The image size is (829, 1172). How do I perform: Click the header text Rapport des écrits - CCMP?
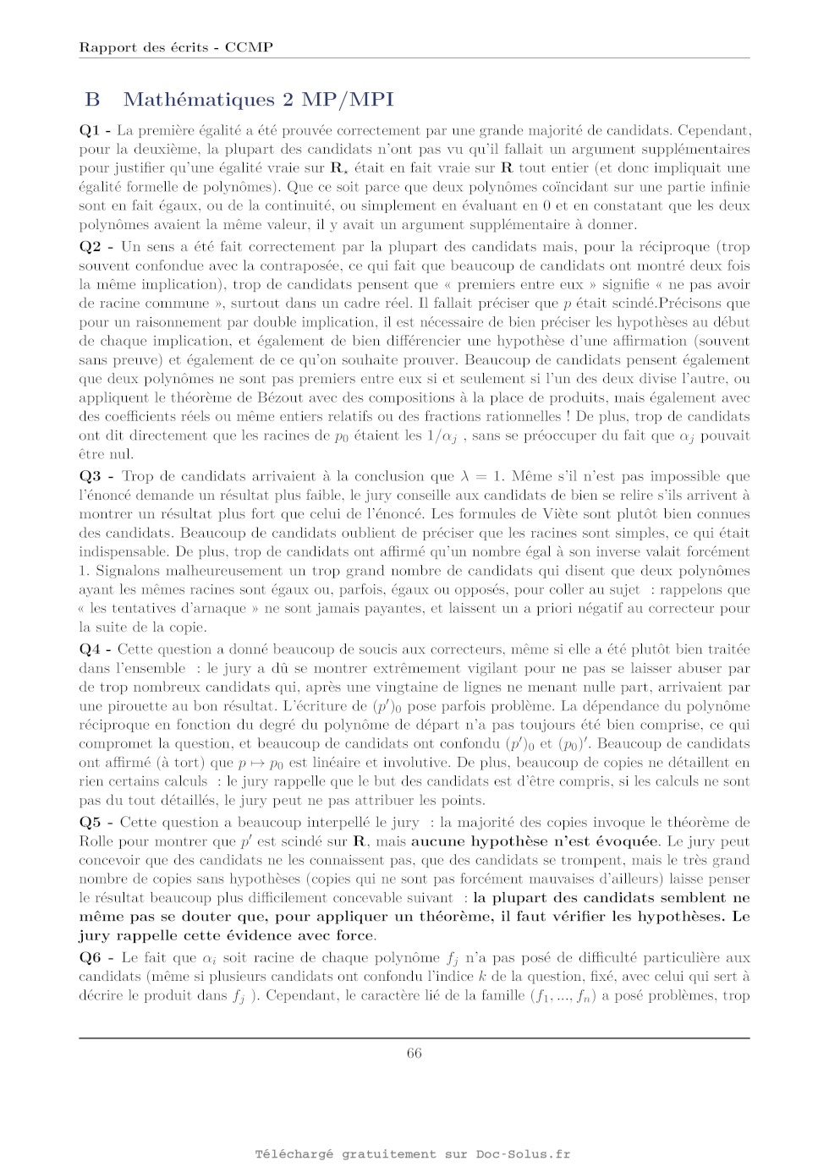click(176, 47)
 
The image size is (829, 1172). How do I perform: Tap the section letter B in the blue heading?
click(92, 100)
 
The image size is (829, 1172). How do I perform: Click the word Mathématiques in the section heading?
click(199, 100)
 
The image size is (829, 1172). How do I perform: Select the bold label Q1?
click(90, 130)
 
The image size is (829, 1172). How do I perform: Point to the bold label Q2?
click(90, 247)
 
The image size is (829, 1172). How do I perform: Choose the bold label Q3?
click(90, 476)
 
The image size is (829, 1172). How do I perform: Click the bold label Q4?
click(90, 649)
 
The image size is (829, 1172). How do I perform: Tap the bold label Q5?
click(90, 822)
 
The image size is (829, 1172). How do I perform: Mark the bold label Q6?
click(90, 957)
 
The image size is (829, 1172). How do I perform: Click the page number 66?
click(414, 1053)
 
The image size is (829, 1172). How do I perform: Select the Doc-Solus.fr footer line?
click(413, 1153)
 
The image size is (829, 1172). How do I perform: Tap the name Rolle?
click(96, 841)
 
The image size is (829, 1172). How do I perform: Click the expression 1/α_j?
click(442, 436)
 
